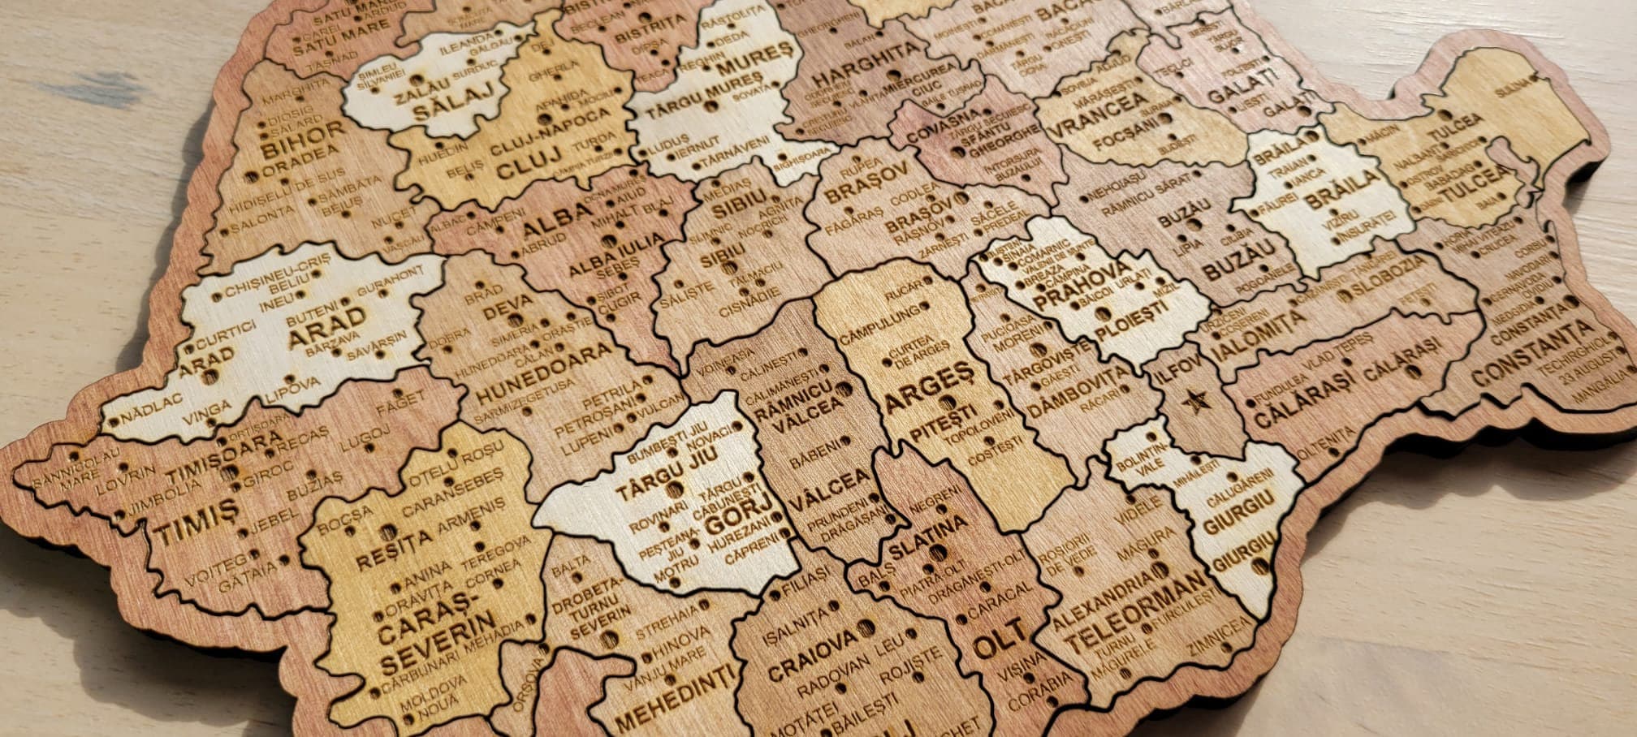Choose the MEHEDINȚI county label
(x=676, y=697)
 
